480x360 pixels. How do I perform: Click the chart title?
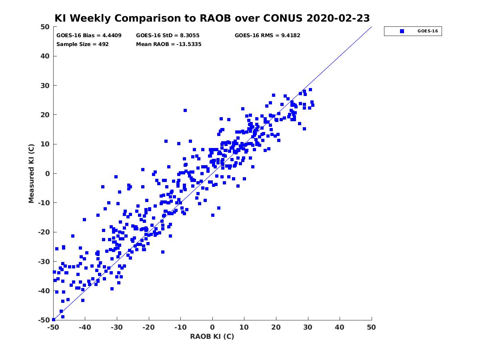[x=212, y=18]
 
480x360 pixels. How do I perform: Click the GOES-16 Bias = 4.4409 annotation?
[x=89, y=36]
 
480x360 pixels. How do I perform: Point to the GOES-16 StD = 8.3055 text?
[x=168, y=36]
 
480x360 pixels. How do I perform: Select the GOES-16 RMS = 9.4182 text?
[x=267, y=36]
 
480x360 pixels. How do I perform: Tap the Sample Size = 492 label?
[x=82, y=44]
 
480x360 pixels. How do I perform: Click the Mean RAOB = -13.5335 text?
[x=169, y=44]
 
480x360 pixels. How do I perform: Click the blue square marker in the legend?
[x=402, y=31]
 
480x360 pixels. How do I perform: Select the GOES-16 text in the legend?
[x=428, y=31]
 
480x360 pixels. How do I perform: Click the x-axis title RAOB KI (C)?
[x=212, y=336]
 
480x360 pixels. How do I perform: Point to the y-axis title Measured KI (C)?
[x=31, y=173]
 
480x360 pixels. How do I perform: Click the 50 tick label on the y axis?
[x=45, y=27]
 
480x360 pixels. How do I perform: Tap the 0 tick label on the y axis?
[x=48, y=174]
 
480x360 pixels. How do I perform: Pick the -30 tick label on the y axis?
[x=44, y=262]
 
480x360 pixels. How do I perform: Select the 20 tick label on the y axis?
[x=45, y=115]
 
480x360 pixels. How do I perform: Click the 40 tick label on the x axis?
[x=340, y=327]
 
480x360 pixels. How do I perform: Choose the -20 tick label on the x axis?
[x=148, y=327]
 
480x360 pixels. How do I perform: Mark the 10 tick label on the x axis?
[x=244, y=327]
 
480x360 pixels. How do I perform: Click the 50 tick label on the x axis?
[x=371, y=327]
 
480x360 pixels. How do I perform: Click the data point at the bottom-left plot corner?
[x=54, y=320]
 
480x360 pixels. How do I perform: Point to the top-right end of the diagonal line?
[x=372, y=27]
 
